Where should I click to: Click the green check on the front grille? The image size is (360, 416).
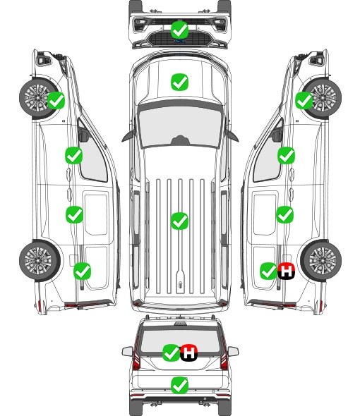coord(179,30)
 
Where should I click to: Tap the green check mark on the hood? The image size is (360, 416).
coord(179,82)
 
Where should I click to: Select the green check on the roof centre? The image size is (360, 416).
coord(179,221)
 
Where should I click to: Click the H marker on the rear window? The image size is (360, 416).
coord(189,353)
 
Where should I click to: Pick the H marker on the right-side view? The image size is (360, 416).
coord(286,271)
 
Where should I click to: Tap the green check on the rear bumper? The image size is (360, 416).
coord(179,385)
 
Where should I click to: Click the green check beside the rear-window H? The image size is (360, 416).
coord(171,353)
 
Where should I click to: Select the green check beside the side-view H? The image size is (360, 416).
coord(269,271)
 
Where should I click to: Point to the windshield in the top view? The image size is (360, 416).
coord(180,126)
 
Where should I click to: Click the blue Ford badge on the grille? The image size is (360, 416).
coord(180,41)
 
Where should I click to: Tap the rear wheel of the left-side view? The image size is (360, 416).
coord(40,260)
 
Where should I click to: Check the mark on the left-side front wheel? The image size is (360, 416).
coord(56,100)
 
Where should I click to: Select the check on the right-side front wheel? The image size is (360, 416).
coord(304,100)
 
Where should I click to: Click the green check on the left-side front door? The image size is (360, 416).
coord(73,155)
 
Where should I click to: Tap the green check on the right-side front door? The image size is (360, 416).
coord(286,155)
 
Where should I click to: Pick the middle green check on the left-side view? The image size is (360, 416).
coord(74,214)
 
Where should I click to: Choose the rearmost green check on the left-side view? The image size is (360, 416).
coord(82,271)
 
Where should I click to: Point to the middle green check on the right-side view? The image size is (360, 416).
coord(284,214)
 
